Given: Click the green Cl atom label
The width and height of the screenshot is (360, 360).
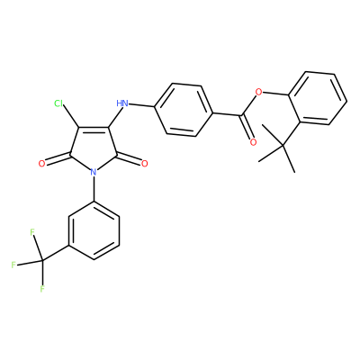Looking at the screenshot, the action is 58,103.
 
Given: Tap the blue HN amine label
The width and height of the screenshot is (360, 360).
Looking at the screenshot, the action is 122,103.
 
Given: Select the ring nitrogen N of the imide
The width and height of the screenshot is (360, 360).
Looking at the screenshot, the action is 94,172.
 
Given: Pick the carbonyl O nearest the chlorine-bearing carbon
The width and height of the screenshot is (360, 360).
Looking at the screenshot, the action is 42,164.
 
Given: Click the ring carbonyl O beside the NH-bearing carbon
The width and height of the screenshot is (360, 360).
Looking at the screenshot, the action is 145,164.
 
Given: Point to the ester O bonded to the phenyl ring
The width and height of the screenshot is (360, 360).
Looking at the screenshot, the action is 258,91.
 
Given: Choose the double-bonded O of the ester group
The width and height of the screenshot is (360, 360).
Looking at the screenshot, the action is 253,142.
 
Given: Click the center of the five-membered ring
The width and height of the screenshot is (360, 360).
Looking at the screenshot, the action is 94,148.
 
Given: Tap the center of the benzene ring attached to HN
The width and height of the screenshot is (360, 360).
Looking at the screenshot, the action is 184,110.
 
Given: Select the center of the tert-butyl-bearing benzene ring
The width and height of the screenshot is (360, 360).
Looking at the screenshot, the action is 318,98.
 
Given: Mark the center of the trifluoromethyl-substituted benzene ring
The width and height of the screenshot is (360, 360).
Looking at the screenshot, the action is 94,230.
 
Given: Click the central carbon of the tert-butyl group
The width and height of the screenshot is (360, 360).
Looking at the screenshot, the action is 283,146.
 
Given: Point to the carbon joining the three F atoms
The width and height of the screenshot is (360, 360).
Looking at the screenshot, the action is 43,260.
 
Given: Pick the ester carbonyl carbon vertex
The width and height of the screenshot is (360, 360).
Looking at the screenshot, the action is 241,115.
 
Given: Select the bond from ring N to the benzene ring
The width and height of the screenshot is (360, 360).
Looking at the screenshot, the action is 94,189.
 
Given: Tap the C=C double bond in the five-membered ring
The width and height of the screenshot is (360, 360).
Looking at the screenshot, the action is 94,130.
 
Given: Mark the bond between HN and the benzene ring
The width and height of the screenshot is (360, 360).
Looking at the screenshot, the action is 141,105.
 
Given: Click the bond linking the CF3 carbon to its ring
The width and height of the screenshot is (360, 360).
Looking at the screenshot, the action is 56,253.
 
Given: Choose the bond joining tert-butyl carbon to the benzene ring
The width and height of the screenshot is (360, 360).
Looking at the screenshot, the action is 292,133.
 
